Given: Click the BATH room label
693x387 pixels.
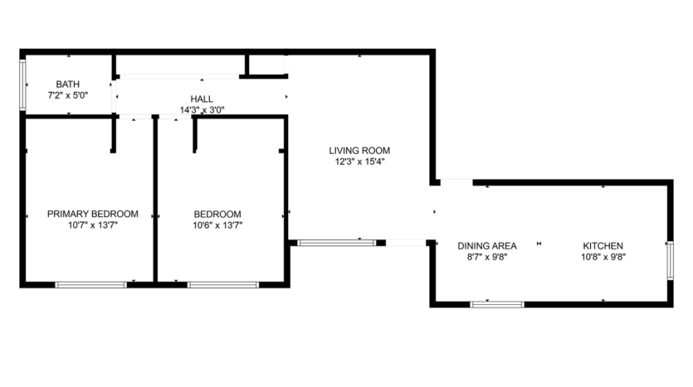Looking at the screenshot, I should point(68,85).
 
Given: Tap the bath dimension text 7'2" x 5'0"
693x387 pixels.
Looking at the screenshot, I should point(68,95).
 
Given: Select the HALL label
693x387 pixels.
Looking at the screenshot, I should point(202,99).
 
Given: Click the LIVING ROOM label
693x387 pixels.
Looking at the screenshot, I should point(359,151).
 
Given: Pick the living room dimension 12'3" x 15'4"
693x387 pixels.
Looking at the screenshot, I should point(359,162).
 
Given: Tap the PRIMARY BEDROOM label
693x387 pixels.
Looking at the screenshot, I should point(92,214).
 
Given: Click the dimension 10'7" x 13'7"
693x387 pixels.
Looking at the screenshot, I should point(92,225).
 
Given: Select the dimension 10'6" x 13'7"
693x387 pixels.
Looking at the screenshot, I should point(217,225).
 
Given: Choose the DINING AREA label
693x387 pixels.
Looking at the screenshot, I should point(487,246).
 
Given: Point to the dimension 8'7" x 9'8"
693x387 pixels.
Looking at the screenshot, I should point(487,257).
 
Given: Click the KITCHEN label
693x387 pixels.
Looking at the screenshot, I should point(603,246).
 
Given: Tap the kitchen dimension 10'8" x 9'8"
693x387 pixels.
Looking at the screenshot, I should point(603,257).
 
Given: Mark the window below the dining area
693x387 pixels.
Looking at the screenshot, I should point(497,304).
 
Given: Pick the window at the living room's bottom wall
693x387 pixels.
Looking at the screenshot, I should point(336,243).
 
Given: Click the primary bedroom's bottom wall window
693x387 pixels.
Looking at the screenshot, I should point(90,285).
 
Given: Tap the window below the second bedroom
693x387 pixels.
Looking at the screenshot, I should point(222,285).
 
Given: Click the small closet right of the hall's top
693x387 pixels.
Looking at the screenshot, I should point(266,65).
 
